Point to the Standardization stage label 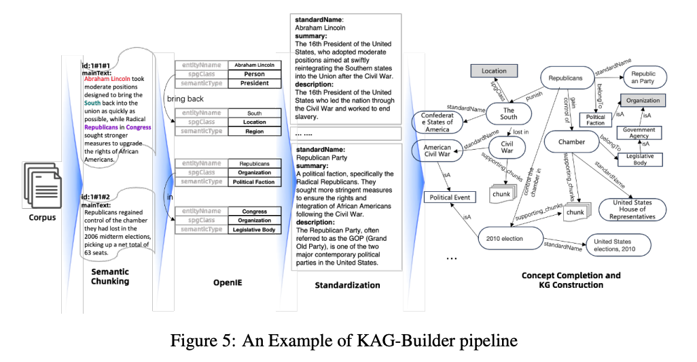point(348,284)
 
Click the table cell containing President point(254,83)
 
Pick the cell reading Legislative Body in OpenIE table point(254,229)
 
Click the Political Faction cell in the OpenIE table point(254,182)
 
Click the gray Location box point(494,71)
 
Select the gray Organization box point(642,101)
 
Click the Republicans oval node point(565,78)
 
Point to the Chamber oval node point(571,141)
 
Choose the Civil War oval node point(507,147)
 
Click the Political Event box point(451,197)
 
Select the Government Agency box point(639,133)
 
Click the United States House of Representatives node point(632,209)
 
